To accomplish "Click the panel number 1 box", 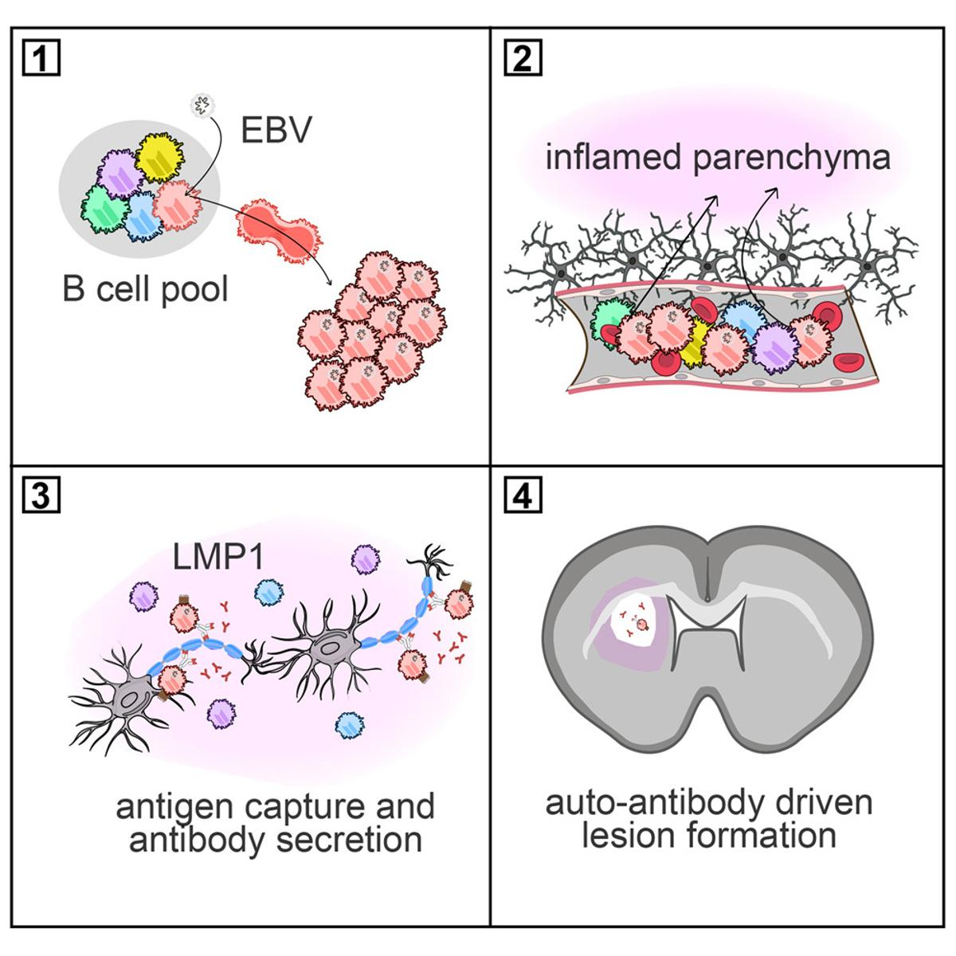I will click(x=41, y=59).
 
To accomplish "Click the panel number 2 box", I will click(x=523, y=59).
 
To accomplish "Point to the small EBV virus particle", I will click(x=201, y=104).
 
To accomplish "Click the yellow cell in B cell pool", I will click(x=159, y=158).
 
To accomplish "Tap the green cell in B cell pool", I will click(x=105, y=209).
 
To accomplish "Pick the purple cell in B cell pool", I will click(x=121, y=174).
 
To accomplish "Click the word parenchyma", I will click(x=791, y=158).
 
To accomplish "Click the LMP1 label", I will click(x=219, y=557).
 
